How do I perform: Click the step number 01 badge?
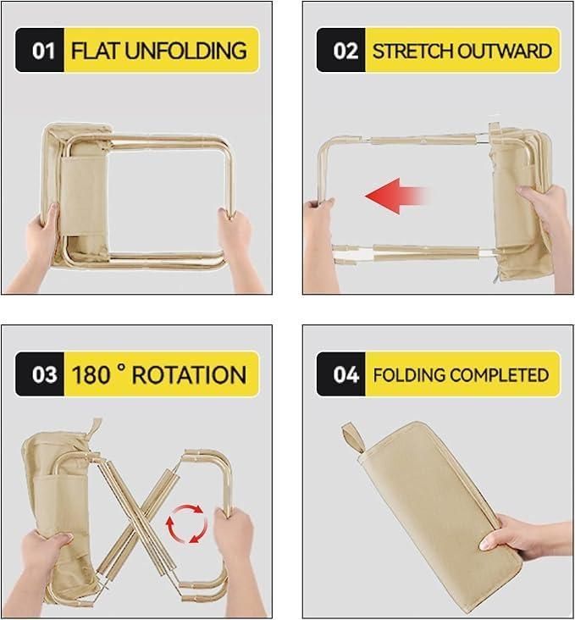42,50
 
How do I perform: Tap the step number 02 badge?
345,50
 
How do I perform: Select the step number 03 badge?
42,374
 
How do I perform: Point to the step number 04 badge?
345,374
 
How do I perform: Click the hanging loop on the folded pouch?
351,438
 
